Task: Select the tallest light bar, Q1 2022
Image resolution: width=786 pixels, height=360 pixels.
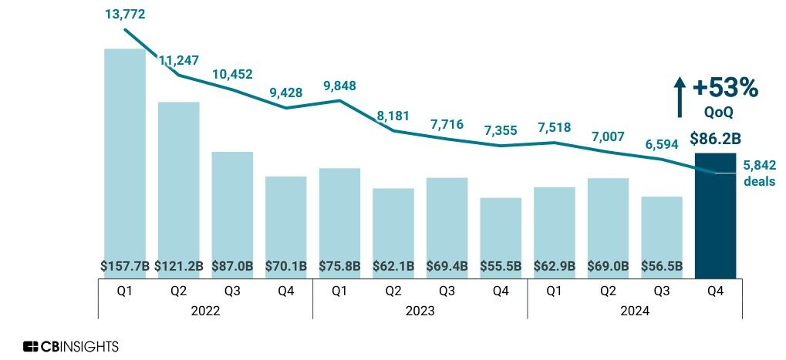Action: [125, 154]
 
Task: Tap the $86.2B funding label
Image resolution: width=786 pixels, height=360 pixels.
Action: [717, 139]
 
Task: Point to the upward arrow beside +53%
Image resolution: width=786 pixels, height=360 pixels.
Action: [680, 96]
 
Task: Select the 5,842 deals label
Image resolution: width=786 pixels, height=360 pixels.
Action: [759, 173]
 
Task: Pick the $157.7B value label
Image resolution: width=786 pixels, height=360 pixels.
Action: [125, 266]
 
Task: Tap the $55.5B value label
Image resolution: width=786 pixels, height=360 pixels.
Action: [501, 266]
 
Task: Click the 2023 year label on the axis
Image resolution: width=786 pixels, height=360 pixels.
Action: [420, 311]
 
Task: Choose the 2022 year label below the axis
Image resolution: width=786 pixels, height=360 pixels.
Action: [205, 311]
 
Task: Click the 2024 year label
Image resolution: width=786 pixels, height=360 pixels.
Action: [634, 311]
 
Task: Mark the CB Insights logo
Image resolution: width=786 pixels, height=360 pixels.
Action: [71, 346]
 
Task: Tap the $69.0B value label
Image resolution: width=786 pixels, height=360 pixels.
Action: [608, 266]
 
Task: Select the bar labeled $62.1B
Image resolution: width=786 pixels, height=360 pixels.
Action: [393, 224]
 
